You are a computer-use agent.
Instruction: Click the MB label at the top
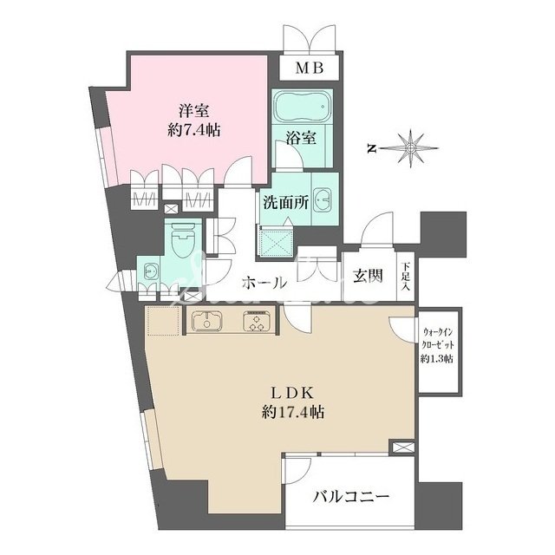tap(311, 69)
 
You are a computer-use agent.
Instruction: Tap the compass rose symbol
tap(409, 147)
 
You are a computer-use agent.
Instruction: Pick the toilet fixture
tap(182, 238)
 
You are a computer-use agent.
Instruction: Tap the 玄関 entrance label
tap(368, 277)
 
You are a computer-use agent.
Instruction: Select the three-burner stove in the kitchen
tap(258, 322)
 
